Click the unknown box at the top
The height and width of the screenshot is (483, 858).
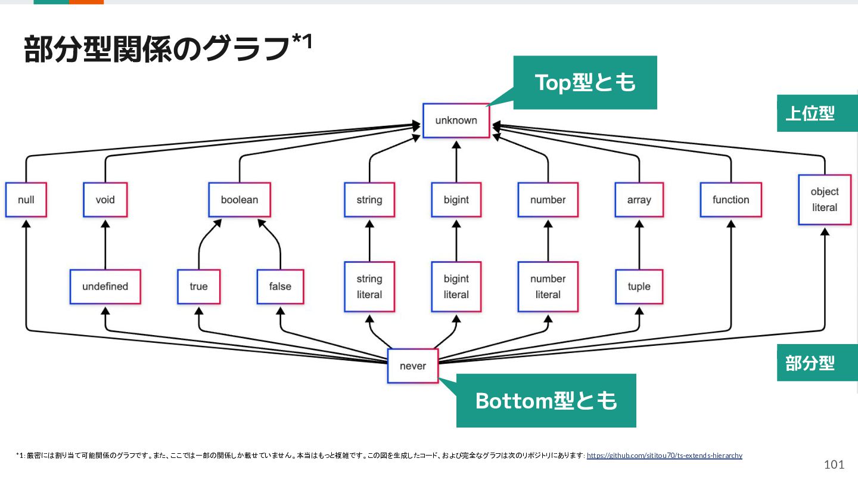(456, 120)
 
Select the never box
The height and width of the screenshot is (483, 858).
(413, 366)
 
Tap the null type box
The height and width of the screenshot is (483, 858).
(26, 200)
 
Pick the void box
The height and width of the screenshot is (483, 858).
(105, 200)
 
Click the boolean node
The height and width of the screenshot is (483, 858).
(240, 200)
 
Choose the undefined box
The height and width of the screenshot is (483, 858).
(105, 286)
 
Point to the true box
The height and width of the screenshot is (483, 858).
(199, 286)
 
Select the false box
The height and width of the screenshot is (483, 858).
(281, 286)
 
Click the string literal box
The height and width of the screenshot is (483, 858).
(369, 286)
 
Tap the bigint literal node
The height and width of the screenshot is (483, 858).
(456, 286)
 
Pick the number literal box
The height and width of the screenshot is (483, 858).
(548, 286)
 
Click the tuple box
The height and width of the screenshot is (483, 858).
(639, 286)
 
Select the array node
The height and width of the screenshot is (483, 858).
(639, 200)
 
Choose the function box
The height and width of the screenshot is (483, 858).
(731, 200)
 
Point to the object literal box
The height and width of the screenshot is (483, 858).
(825, 199)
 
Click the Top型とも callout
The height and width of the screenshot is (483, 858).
(585, 82)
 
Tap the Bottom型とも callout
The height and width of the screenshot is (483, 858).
(546, 401)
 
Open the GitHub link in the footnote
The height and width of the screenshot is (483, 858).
(664, 456)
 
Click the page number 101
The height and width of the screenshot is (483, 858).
(834, 465)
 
